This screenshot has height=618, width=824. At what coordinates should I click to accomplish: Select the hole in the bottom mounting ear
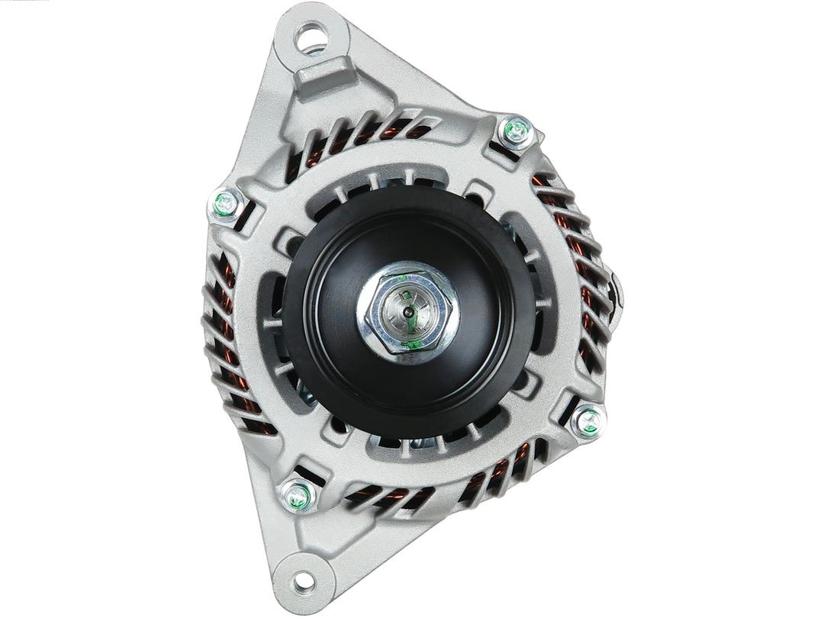coord(303,581)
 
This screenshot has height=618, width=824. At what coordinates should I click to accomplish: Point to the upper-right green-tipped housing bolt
coord(516,130)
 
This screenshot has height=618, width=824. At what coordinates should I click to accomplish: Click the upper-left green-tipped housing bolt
coord(225,204)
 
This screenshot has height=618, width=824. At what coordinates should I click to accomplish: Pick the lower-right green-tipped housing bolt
coord(587,419)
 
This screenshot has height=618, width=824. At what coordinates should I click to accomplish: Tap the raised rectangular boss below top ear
coord(324,76)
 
